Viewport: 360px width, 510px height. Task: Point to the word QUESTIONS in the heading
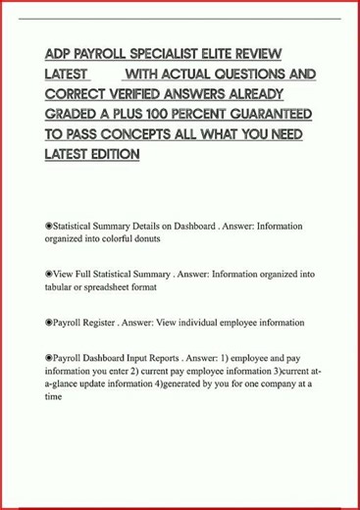[248, 74]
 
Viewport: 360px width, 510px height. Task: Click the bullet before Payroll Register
[48, 322]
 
